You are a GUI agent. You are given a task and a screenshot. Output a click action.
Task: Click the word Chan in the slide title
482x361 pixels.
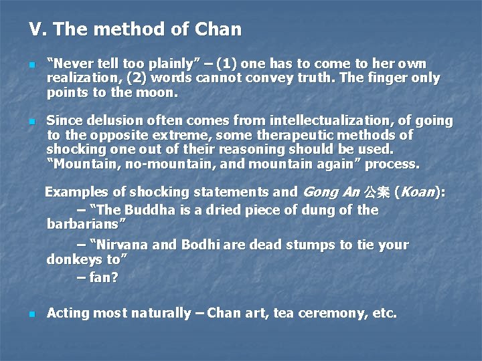coord(218,29)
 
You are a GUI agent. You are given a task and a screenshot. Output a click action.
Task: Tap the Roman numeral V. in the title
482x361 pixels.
coord(36,29)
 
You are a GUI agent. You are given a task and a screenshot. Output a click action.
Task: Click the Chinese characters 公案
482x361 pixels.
coord(377,193)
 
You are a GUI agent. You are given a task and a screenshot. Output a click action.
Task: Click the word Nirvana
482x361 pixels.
coord(123,245)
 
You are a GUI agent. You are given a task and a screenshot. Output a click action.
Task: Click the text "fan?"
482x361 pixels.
coord(103,276)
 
